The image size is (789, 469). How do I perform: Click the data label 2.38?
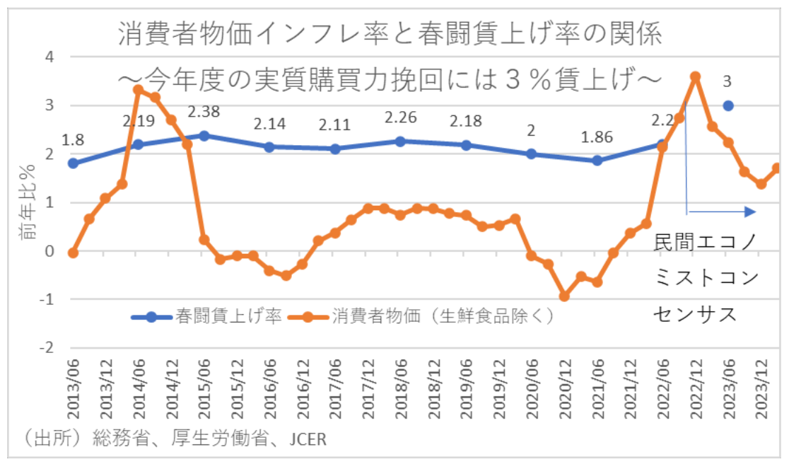[204, 111]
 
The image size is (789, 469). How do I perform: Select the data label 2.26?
[400, 117]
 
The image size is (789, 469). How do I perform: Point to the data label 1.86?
[597, 137]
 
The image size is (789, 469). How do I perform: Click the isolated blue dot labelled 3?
[728, 106]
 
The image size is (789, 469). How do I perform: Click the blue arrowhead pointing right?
[752, 212]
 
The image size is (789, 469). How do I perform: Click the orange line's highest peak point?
[695, 76]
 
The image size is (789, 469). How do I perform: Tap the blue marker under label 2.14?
[269, 146]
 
